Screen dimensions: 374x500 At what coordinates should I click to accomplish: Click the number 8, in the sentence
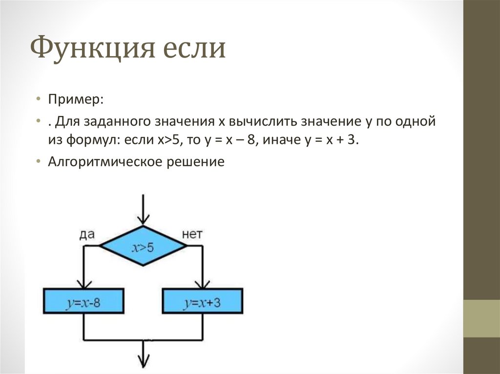(x=250, y=140)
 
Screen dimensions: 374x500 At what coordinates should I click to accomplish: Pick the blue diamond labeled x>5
(x=143, y=247)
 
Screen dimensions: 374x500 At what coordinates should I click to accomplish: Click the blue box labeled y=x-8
(x=83, y=302)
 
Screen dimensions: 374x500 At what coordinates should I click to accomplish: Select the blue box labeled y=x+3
(x=203, y=302)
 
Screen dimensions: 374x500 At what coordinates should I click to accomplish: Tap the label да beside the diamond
(x=86, y=235)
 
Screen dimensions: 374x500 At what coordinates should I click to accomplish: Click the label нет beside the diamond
(x=192, y=235)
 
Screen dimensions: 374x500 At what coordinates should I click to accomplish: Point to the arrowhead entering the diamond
(x=143, y=219)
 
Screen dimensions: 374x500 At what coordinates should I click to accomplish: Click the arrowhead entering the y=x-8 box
(x=83, y=284)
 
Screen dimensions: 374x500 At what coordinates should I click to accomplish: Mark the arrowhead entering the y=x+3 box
(x=203, y=284)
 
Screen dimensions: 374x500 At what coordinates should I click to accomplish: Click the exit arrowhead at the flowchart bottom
(x=143, y=362)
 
